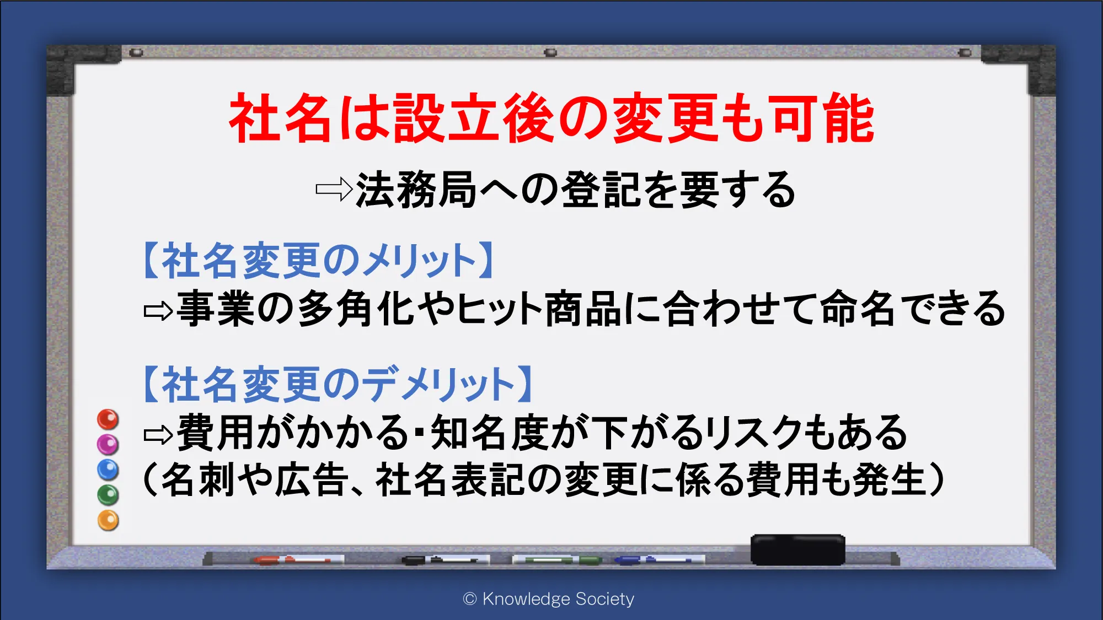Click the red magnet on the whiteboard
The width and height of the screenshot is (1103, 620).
pos(108,419)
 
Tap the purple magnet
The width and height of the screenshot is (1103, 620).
pos(108,444)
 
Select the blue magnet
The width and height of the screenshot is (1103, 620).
pos(108,470)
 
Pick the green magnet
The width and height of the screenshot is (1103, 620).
pos(108,495)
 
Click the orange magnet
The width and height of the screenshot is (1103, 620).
pos(108,520)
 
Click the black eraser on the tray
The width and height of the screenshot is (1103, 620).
pos(797,549)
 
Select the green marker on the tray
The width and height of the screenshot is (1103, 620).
pos(557,560)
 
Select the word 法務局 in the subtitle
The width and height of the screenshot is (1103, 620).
pos(416,190)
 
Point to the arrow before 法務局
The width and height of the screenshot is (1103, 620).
pos(334,190)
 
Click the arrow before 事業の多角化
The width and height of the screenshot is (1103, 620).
pos(158,311)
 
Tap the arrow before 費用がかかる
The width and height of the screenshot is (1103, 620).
pos(158,435)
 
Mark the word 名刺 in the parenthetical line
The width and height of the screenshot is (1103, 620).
pos(198,479)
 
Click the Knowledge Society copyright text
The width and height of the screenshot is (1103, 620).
pos(549,599)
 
